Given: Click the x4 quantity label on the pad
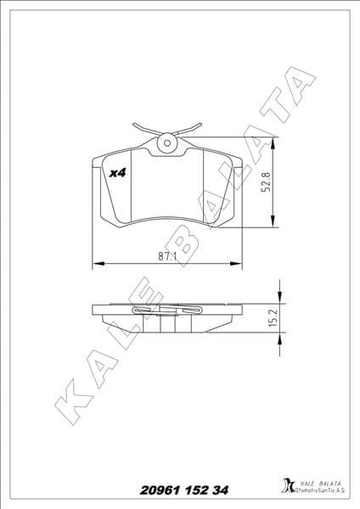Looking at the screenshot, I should tap(118, 172).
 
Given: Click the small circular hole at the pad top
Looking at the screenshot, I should tap(167, 144).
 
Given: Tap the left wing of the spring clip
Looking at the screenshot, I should tap(143, 129).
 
